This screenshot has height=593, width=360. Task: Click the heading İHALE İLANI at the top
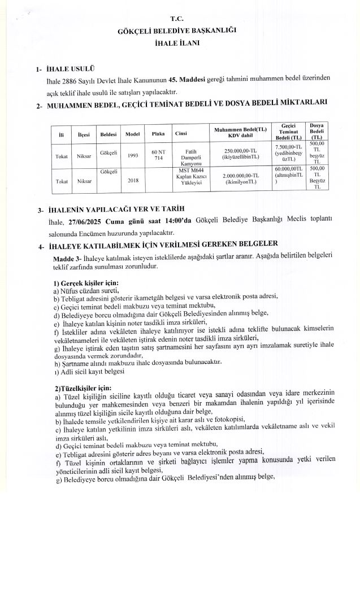pos(180,42)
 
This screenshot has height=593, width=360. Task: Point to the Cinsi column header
pos(181,134)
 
